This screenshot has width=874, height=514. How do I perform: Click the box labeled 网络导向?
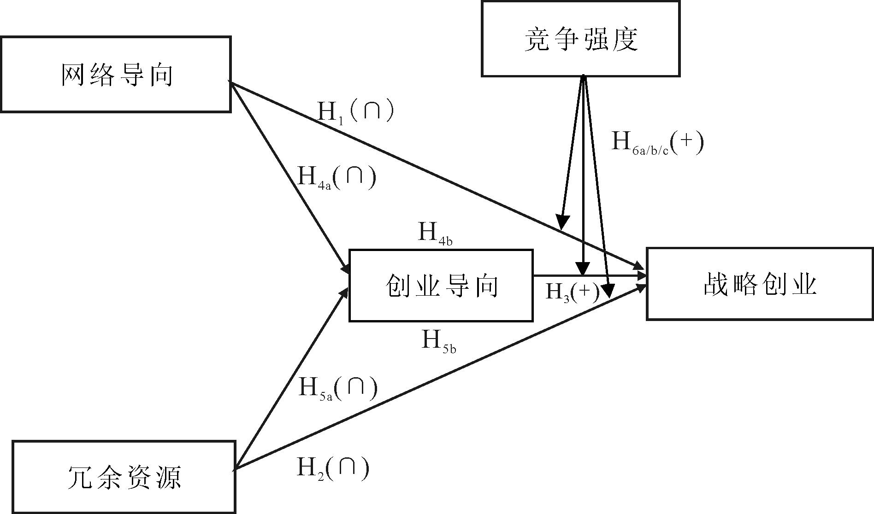click(116, 75)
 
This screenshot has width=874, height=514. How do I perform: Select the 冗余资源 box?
click(124, 477)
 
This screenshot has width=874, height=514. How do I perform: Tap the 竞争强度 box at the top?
click(580, 39)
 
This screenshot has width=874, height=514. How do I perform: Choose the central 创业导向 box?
click(441, 286)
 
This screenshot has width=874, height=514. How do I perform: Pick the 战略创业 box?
click(760, 284)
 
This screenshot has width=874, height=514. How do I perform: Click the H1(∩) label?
click(355, 111)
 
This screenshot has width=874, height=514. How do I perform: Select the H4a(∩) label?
click(337, 178)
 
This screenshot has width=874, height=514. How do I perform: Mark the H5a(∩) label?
click(338, 388)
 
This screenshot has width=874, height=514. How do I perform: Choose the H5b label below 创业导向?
click(439, 342)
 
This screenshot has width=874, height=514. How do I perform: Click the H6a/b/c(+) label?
click(657, 143)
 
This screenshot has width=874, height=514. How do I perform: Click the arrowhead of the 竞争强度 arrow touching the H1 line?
click(562, 223)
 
